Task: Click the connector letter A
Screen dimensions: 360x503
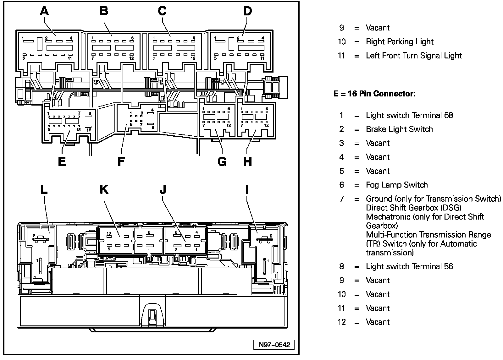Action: tap(45, 11)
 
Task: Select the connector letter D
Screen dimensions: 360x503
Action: tap(247, 11)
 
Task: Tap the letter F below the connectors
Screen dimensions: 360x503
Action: tap(121, 161)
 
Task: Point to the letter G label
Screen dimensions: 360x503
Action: tap(222, 161)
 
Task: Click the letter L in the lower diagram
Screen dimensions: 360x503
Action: tap(43, 189)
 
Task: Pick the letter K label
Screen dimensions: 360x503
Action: tap(104, 189)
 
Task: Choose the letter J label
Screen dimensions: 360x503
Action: tap(163, 189)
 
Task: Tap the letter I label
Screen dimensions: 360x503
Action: tap(247, 189)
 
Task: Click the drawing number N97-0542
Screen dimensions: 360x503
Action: tap(274, 345)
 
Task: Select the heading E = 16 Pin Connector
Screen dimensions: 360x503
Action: tap(374, 94)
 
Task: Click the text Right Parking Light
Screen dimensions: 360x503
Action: tap(400, 42)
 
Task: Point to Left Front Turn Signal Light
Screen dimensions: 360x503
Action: tap(414, 56)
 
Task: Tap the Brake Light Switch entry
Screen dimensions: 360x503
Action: tap(399, 129)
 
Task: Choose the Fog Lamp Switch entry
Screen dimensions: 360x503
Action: tap(397, 185)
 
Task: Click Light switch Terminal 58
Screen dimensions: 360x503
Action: tap(409, 115)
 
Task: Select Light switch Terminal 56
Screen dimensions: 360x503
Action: tap(409, 267)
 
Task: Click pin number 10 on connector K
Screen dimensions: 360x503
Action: tap(109, 233)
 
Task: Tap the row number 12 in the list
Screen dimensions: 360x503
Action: tap(342, 322)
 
